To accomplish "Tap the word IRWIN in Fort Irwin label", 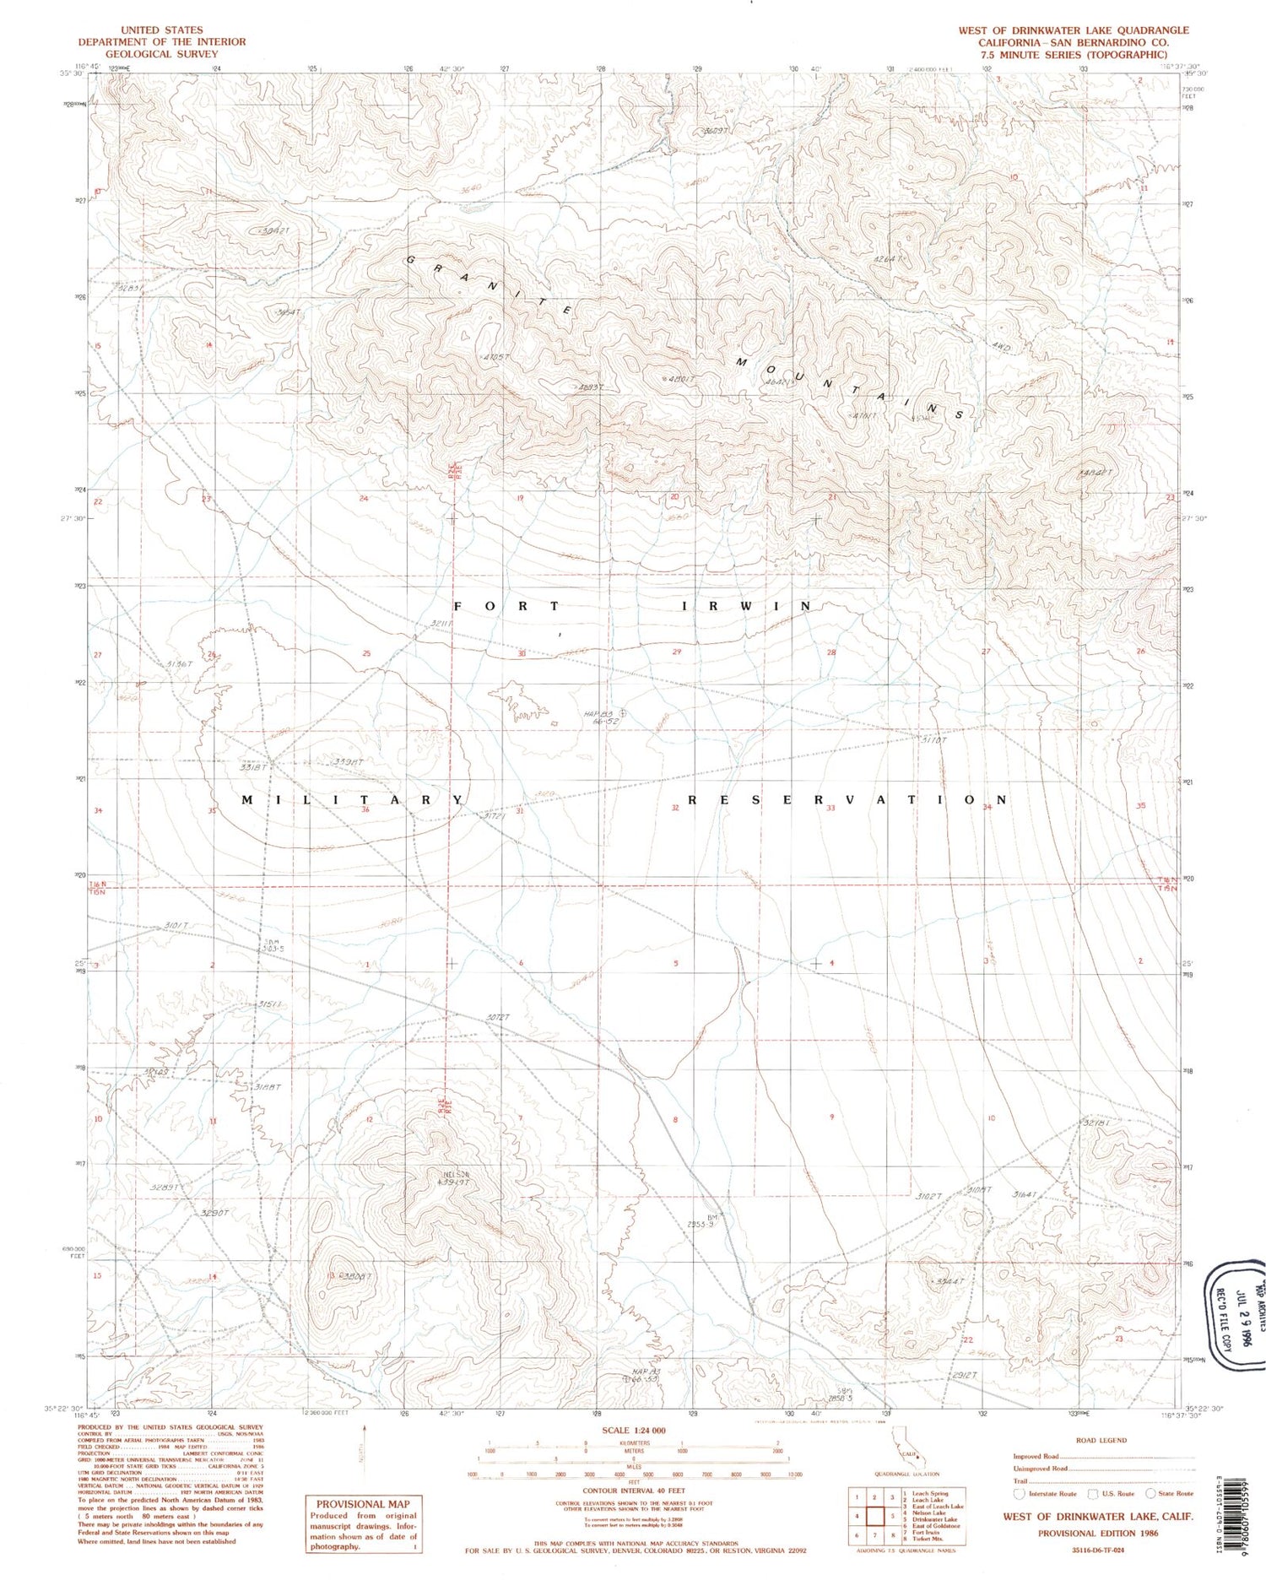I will pyautogui.click(x=746, y=606).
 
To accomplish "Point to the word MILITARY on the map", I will pyautogui.click(x=353, y=799).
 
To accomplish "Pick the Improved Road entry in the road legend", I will pyautogui.click(x=1036, y=1456).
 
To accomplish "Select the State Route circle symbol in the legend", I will pyautogui.click(x=1150, y=1493).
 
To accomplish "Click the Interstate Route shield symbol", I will pyautogui.click(x=1020, y=1493).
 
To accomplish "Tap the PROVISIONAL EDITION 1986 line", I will pyautogui.click(x=1098, y=1533).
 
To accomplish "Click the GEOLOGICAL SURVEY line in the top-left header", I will pyautogui.click(x=161, y=54).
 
